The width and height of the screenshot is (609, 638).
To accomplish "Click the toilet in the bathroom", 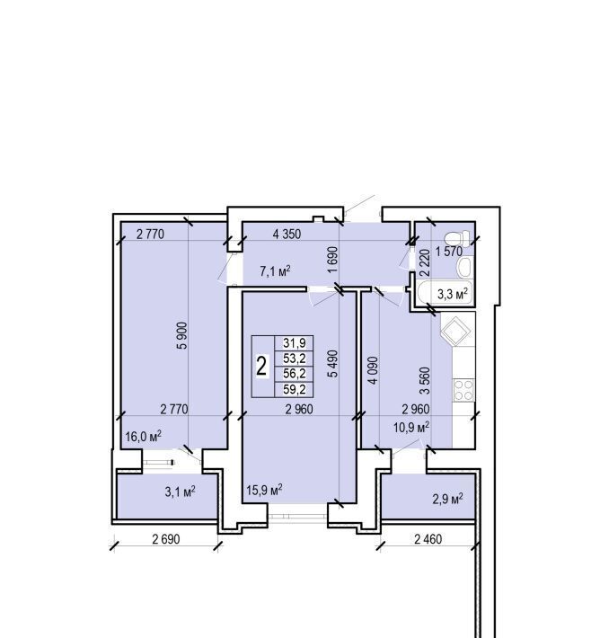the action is tap(457, 237).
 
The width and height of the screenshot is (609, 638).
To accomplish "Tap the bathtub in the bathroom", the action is tap(445, 293).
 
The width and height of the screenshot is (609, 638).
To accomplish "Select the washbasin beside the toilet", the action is tap(463, 267).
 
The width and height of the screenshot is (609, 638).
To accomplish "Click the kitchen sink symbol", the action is tap(457, 331).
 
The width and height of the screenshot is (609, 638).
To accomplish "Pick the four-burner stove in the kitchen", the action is tap(463, 390).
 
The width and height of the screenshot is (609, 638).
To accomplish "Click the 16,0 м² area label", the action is tap(143, 436).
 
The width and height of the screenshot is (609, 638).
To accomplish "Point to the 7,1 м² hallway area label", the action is tap(275, 271).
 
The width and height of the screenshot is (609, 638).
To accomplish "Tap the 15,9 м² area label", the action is tap(264, 490).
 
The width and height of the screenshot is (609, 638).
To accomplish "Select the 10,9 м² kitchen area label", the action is tap(411, 427).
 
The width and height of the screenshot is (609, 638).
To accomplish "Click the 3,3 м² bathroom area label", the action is tap(453, 294).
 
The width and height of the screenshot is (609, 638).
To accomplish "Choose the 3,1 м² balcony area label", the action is tap(180, 492).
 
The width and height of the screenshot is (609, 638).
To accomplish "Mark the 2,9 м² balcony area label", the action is tap(447, 499).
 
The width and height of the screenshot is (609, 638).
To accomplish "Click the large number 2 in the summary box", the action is tap(261, 367).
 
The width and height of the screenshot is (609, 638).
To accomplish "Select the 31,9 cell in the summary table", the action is tap(295, 343).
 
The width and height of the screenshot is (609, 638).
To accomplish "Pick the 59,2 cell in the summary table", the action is tap(295, 390).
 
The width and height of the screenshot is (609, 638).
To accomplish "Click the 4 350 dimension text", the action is tap(287, 234).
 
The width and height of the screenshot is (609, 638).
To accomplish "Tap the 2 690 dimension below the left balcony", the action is tap(166, 539).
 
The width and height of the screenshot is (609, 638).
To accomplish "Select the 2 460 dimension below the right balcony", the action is tap(428, 539).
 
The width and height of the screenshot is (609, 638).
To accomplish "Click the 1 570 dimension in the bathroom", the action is tap(449, 252).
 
